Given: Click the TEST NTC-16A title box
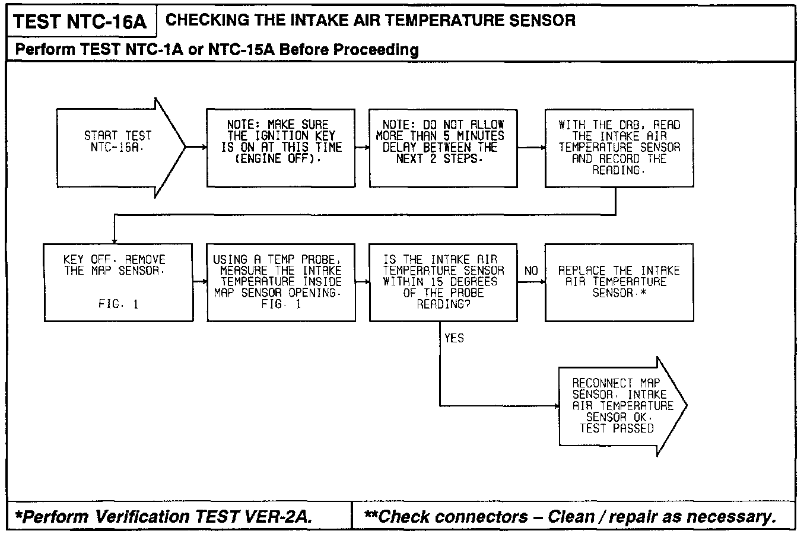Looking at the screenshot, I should click(x=80, y=22).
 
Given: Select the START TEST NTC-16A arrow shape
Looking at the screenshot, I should click(x=119, y=147).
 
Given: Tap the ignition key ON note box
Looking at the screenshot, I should click(x=281, y=148).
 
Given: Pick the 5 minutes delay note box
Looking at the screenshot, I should click(x=443, y=148).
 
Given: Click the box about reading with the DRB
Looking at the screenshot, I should click(x=619, y=148).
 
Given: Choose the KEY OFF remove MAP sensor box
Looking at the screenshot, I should click(x=119, y=282).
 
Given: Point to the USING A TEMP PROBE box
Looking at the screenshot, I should click(x=281, y=282).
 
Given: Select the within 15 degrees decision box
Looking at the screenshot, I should click(x=443, y=282).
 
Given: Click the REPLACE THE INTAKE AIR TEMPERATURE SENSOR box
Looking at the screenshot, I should click(x=619, y=282).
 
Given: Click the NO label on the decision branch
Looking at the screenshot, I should click(x=531, y=271).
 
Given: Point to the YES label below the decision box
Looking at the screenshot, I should click(x=454, y=338).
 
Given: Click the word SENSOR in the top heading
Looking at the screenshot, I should click(x=543, y=20).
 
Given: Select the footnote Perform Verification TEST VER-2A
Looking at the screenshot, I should click(x=164, y=517).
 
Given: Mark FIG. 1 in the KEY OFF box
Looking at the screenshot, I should click(x=118, y=304).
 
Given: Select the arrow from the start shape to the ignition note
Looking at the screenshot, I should click(x=196, y=147).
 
